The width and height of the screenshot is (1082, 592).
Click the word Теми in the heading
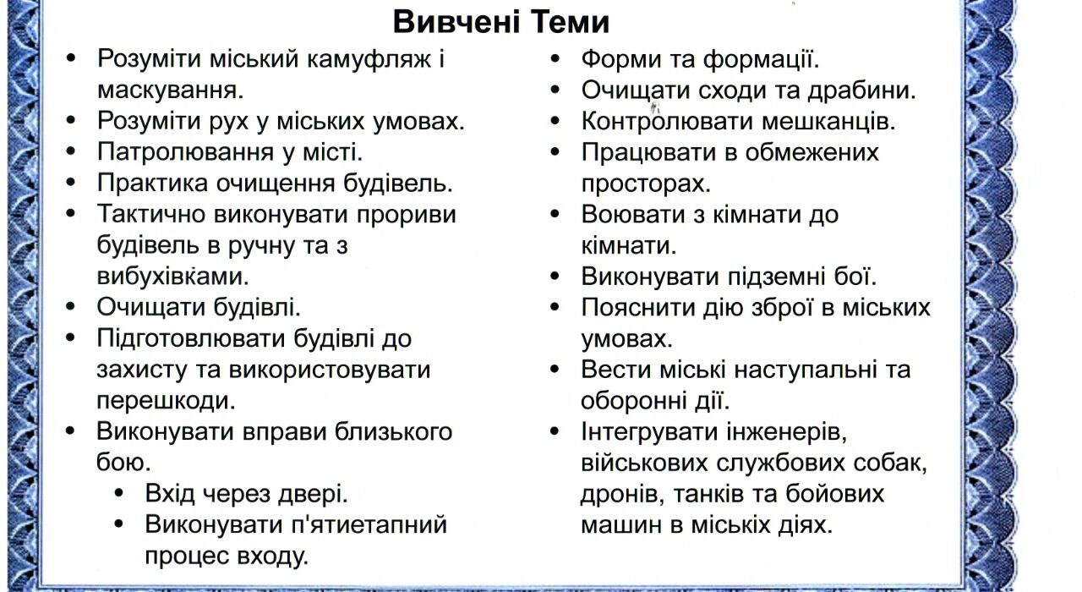[570, 22]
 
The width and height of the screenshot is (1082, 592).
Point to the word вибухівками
[172, 277]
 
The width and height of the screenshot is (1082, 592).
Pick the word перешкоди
[166, 401]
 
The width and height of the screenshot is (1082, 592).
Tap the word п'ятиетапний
[369, 525]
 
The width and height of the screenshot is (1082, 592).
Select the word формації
[761, 60]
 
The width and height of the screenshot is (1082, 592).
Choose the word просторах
[646, 184]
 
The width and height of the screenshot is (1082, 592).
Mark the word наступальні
[806, 370]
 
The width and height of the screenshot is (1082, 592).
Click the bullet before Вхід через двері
[119, 494]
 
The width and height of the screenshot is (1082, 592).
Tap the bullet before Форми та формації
[555, 59]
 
